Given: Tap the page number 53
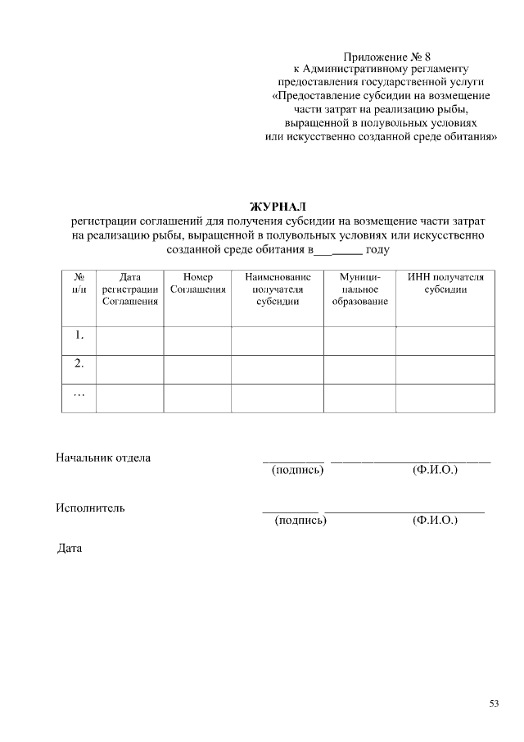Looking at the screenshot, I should [495, 703].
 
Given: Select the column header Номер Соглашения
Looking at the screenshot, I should [197, 283].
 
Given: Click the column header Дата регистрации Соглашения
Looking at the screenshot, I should [130, 289].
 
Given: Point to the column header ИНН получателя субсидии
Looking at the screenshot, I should [445, 283].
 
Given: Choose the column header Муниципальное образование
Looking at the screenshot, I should [360, 289].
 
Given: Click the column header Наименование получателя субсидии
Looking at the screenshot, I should [278, 289].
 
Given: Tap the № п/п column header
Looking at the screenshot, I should [79, 283].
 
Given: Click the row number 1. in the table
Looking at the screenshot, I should [79, 335].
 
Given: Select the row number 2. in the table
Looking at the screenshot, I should [79, 363].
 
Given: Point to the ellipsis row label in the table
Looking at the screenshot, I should [79, 394].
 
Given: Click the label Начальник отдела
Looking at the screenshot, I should [103, 457].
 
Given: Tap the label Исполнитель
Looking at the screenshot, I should [90, 508].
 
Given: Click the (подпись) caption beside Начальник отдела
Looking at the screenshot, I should [297, 470].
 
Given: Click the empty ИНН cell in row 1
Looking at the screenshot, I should [445, 340].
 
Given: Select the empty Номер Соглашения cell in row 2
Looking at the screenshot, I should [197, 369].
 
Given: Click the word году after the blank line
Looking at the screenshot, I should [377, 249].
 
